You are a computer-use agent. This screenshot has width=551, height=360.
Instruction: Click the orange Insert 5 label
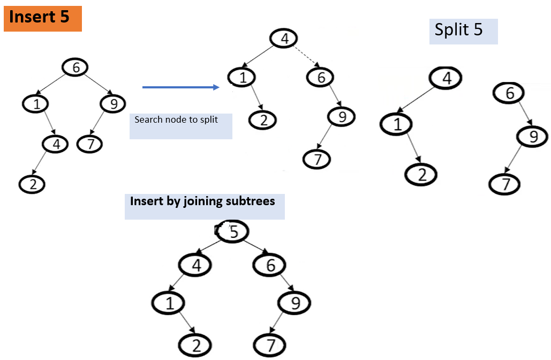point(42,18)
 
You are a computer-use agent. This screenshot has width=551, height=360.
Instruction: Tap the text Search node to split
point(176,119)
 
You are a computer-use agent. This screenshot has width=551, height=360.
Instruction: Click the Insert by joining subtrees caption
point(202,201)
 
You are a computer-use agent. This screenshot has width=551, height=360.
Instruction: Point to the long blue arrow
point(181,87)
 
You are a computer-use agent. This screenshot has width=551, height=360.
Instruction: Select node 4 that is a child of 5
point(195,265)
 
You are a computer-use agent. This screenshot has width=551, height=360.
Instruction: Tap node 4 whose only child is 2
point(55,144)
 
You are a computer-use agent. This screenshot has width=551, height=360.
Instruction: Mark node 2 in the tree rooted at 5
point(195,346)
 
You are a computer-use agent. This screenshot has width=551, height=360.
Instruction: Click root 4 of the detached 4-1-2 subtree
point(447,78)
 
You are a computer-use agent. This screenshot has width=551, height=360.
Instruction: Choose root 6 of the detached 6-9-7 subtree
point(509,94)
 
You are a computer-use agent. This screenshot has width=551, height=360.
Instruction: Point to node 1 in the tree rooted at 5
point(169,304)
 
